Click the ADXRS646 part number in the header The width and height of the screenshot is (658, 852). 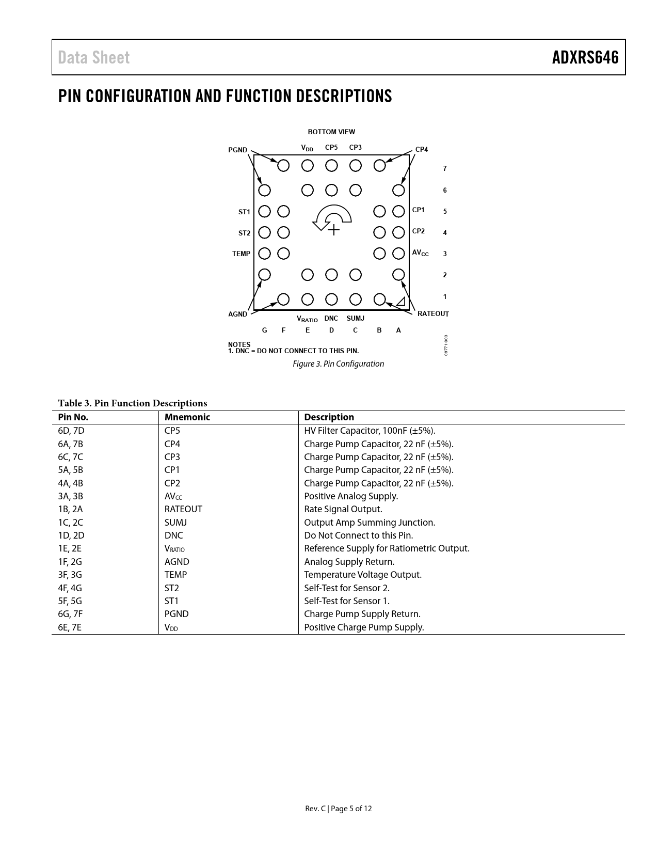[x=585, y=57]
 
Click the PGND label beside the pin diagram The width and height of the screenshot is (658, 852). [x=237, y=150]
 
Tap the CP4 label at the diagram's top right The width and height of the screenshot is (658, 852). [x=421, y=149]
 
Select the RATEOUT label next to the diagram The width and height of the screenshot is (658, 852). [x=432, y=314]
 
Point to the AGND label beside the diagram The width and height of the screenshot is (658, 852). [x=237, y=314]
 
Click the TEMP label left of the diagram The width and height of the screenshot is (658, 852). [x=241, y=254]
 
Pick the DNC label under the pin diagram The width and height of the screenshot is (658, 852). [x=331, y=319]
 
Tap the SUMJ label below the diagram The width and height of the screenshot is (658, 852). [x=355, y=319]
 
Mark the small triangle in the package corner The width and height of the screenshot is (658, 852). [x=400, y=302]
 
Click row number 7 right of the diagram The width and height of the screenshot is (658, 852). [x=445, y=168]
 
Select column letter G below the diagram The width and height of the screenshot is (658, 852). [x=264, y=330]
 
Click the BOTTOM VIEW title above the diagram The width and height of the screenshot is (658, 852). [x=331, y=132]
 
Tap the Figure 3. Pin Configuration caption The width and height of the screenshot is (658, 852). [x=338, y=364]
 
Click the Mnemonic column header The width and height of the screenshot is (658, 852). [x=187, y=417]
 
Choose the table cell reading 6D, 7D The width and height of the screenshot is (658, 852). [x=71, y=431]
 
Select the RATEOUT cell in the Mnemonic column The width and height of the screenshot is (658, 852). [x=183, y=509]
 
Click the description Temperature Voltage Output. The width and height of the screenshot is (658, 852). [x=362, y=575]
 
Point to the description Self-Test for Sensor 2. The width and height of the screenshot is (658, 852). [x=346, y=588]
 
